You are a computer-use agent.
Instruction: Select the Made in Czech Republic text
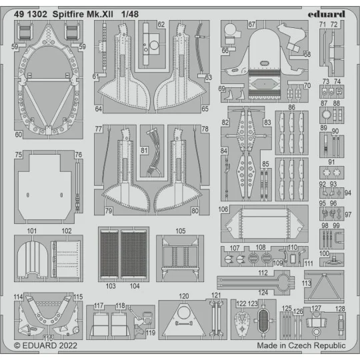tap(301, 347)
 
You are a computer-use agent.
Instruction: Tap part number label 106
tap(223, 209)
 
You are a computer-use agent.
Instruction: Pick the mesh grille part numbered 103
tap(111, 257)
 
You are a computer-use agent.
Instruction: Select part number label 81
tap(144, 151)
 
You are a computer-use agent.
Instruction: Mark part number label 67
tap(251, 25)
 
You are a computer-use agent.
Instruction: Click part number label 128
tap(340, 309)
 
